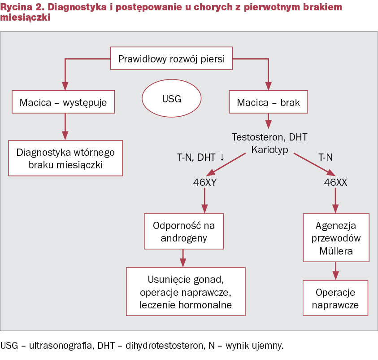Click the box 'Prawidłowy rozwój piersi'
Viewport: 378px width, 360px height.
(x=171, y=58)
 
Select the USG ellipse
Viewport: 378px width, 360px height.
(x=171, y=98)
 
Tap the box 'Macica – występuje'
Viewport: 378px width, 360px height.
(x=63, y=102)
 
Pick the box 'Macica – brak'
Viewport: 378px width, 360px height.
(x=268, y=102)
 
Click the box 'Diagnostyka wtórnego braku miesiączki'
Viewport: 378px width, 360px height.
(x=65, y=158)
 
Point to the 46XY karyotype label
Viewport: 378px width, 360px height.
(x=204, y=182)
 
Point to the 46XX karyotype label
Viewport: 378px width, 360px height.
(x=335, y=182)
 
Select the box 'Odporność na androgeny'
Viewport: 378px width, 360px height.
(x=184, y=231)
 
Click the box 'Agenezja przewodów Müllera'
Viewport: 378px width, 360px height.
(x=336, y=237)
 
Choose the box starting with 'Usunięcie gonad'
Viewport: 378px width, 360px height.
(x=186, y=291)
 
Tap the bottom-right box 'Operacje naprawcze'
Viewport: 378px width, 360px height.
(x=335, y=298)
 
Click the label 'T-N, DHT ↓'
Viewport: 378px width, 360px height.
(x=200, y=157)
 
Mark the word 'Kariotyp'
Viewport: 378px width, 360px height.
(x=269, y=149)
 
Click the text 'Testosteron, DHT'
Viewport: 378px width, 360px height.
(x=269, y=137)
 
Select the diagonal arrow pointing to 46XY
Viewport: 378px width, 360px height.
(x=226, y=164)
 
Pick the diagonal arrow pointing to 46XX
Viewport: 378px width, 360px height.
(x=315, y=164)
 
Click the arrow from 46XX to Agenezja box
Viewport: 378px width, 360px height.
(x=335, y=200)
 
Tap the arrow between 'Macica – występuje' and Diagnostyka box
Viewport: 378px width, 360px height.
(x=65, y=127)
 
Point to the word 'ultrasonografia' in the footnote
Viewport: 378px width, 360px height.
(x=61, y=346)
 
